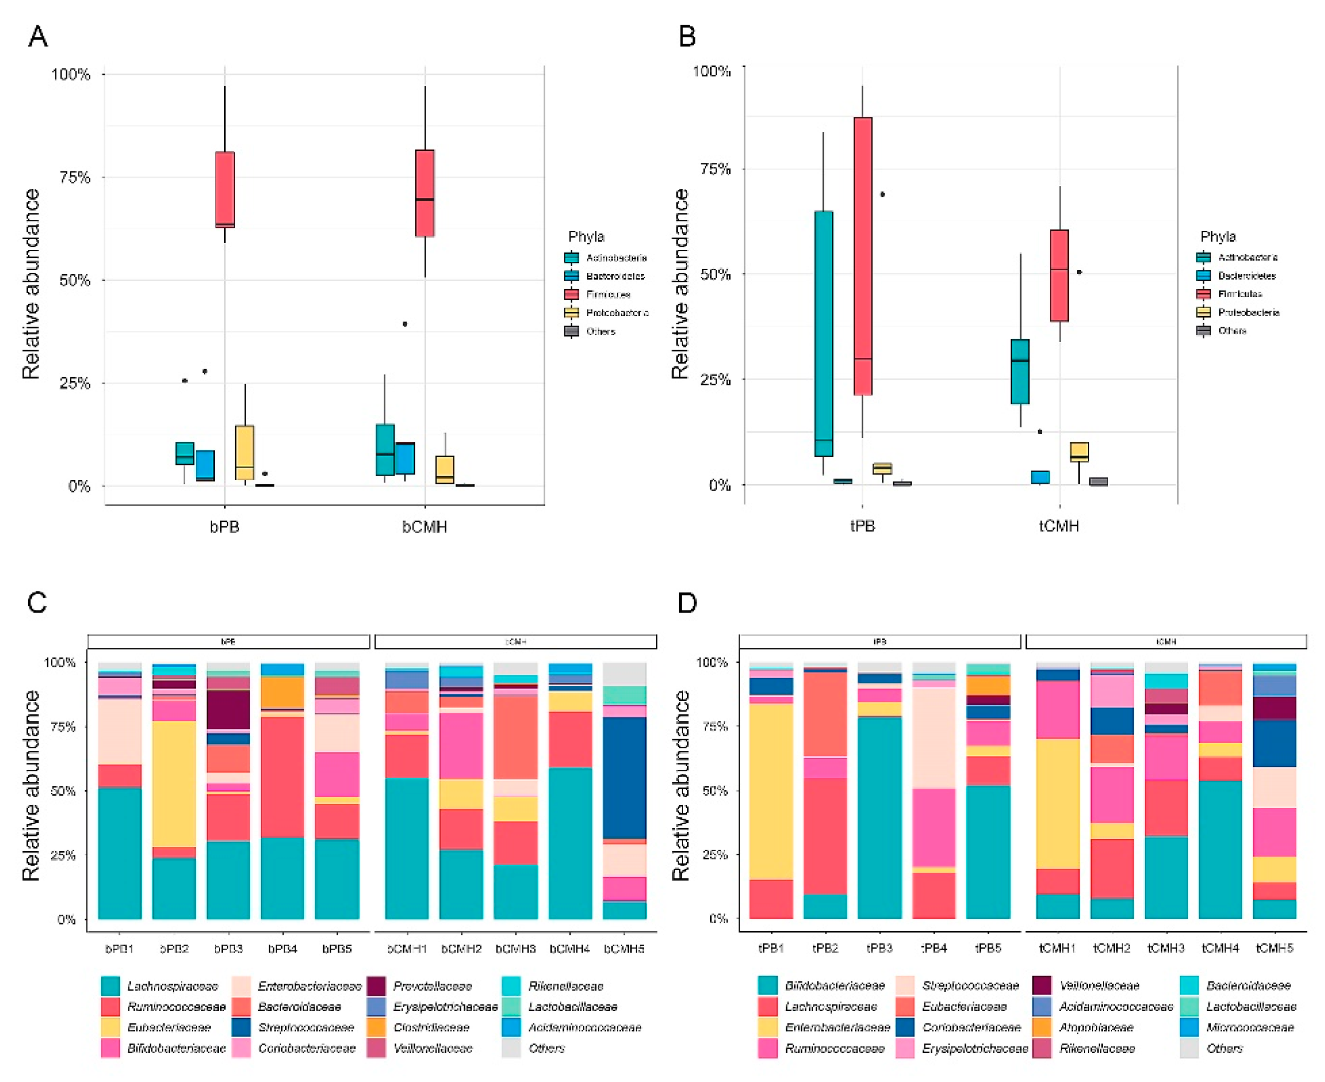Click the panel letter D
687,603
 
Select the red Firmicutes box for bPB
224,189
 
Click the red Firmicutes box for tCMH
1059,275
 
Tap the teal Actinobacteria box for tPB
823,334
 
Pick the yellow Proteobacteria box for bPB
244,453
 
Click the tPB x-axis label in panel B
863,526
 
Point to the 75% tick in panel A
75,178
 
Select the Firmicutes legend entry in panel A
608,294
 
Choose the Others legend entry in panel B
1232,330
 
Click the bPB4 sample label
282,949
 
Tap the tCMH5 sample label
1274,948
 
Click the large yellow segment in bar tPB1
771,792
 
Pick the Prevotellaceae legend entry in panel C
432,986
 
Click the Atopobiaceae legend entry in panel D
1096,1027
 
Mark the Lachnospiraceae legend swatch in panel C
110,986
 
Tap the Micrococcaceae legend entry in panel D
1250,1027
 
